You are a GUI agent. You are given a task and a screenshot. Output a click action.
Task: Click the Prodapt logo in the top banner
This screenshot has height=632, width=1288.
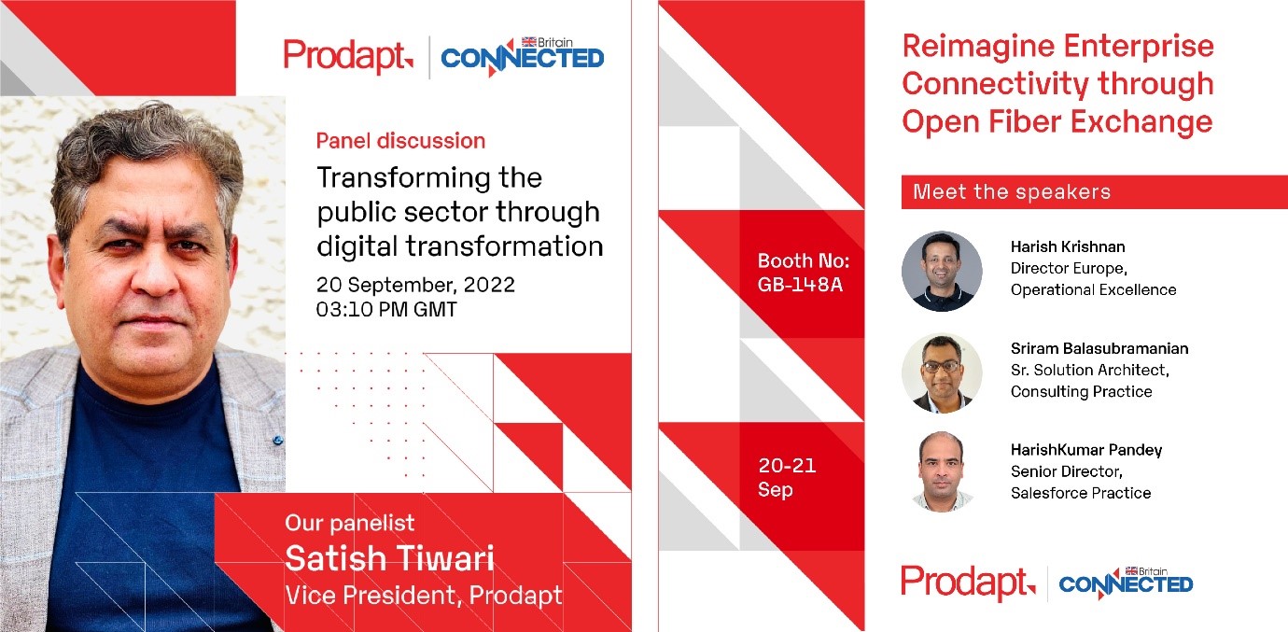pyautogui.click(x=348, y=56)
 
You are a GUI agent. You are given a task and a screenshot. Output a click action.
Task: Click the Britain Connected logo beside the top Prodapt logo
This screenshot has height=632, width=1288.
pyautogui.click(x=522, y=56)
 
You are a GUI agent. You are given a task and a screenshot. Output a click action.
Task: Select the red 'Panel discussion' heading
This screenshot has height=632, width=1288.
pyautogui.click(x=400, y=141)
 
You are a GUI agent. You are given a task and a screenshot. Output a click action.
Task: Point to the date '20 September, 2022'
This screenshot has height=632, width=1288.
pyautogui.click(x=415, y=285)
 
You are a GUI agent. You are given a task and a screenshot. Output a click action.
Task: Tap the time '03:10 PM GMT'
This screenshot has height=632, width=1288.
pyautogui.click(x=386, y=309)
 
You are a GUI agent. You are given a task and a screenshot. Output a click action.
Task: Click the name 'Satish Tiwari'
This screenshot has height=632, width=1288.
pyautogui.click(x=389, y=558)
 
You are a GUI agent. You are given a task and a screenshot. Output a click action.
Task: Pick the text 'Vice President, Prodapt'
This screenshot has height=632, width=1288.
pyautogui.click(x=423, y=596)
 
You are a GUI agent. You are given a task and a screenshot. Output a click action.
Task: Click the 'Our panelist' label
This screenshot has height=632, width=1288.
pyautogui.click(x=350, y=524)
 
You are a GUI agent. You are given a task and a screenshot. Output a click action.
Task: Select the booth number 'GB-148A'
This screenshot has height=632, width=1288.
pyautogui.click(x=800, y=285)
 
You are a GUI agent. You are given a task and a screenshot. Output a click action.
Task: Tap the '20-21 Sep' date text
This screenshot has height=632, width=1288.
pyautogui.click(x=787, y=477)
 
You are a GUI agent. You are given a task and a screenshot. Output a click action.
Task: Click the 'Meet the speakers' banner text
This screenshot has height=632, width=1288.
pyautogui.click(x=1012, y=191)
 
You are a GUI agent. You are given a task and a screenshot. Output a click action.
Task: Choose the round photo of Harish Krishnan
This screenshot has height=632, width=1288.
pyautogui.click(x=942, y=272)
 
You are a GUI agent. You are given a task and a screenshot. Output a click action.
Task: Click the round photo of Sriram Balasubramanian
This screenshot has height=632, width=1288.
pyautogui.click(x=942, y=372)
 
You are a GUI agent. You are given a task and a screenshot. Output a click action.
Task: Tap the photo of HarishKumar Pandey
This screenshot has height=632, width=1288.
pyautogui.click(x=942, y=471)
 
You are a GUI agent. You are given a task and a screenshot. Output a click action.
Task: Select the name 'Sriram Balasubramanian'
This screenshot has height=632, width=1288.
pyautogui.click(x=1099, y=348)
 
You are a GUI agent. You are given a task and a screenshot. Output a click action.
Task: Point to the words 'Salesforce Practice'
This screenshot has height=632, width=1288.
pyautogui.click(x=1081, y=493)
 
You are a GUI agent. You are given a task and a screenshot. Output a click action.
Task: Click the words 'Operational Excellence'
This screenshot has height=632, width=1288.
pyautogui.click(x=1094, y=289)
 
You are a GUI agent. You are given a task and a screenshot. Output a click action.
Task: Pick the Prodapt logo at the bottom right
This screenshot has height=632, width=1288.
pyautogui.click(x=968, y=583)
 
